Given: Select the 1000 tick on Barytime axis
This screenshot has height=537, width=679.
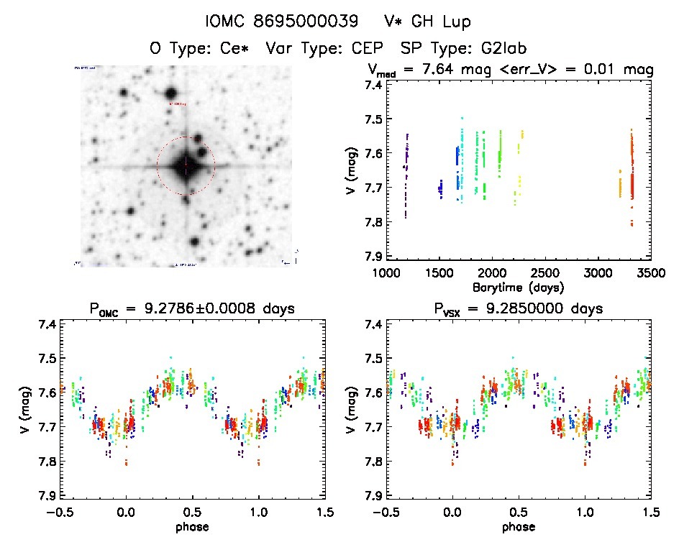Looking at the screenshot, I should [x=386, y=273].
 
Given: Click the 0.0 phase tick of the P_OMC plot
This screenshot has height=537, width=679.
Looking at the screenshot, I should [x=126, y=513].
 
